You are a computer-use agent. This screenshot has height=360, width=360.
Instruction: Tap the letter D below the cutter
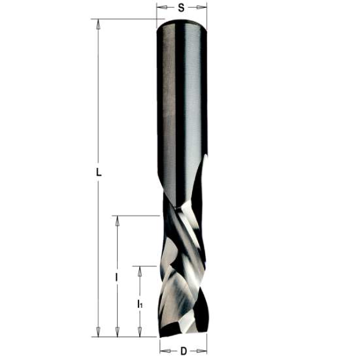(x=183, y=352)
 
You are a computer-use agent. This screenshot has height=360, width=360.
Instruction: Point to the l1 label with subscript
(x=140, y=304)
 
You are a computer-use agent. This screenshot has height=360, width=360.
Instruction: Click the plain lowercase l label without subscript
(x=117, y=277)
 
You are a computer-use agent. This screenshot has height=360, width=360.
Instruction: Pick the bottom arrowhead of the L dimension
(x=98, y=332)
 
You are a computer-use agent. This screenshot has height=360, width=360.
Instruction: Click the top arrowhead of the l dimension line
(x=118, y=220)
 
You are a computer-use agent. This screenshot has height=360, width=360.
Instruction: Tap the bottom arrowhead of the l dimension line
(x=118, y=332)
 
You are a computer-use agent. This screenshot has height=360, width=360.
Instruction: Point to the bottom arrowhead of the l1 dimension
(x=140, y=332)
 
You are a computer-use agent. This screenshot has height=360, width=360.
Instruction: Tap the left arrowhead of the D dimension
(x=163, y=352)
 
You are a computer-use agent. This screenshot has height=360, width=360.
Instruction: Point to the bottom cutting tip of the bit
(x=183, y=333)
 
